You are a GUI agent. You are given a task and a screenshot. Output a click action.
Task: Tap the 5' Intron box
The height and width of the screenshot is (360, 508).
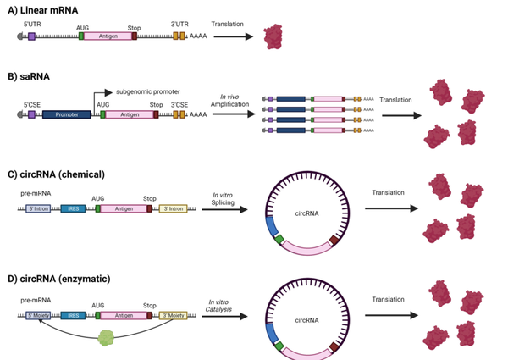[x=38, y=208]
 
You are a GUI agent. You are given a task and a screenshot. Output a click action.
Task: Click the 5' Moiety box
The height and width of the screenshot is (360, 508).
[x=38, y=315]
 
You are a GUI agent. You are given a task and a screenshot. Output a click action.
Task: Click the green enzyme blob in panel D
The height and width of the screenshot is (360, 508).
[x=106, y=336]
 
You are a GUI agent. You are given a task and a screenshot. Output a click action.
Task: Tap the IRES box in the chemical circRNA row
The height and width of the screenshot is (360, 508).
[x=73, y=208]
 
